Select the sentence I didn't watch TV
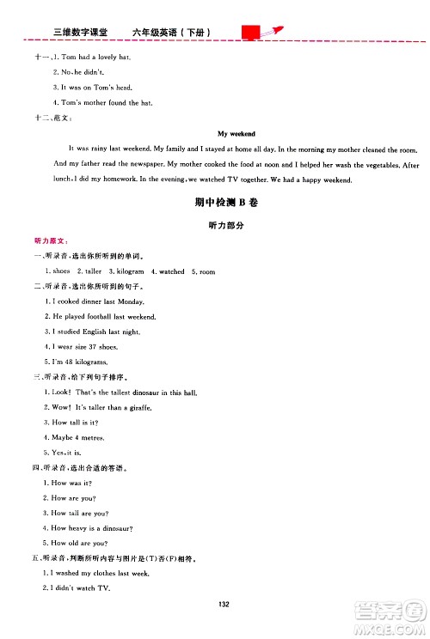[x=83, y=588]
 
